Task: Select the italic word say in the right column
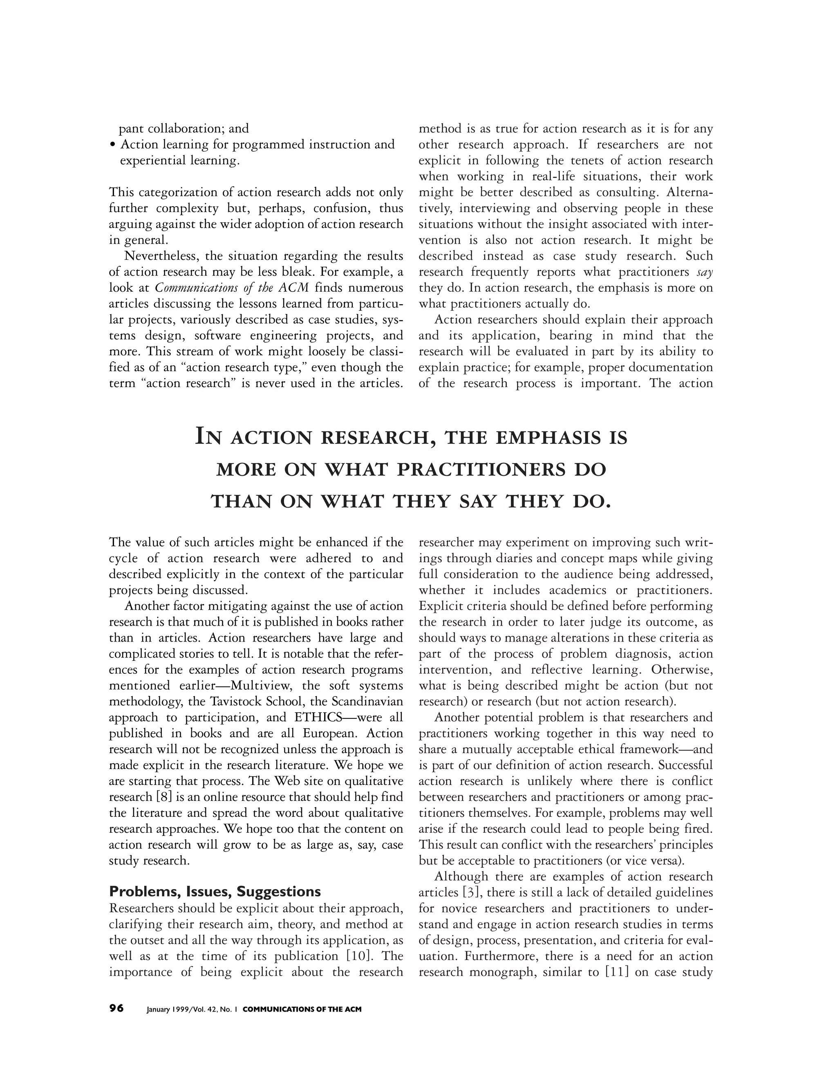click(705, 272)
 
